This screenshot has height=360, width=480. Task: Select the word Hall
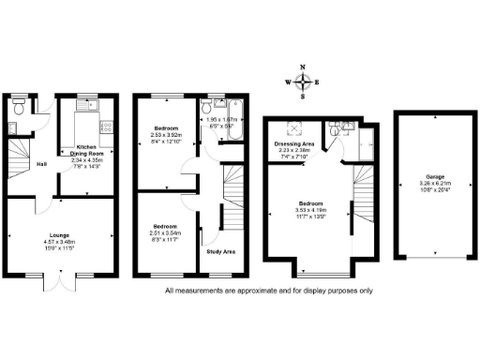42,166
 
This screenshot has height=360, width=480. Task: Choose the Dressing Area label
294,143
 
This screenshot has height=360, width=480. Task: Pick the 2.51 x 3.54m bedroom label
165,231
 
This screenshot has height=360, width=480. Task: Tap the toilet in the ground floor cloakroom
20,105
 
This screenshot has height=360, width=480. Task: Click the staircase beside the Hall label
19,155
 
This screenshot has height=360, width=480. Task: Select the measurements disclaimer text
268,291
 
